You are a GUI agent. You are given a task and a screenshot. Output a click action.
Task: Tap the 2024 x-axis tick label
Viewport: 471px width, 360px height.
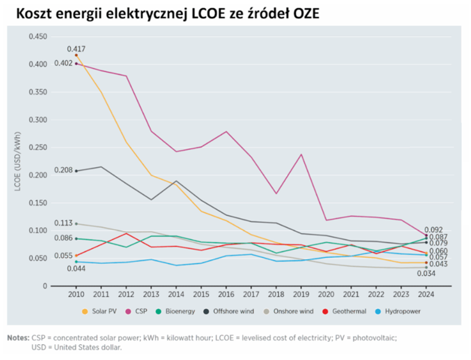(x=426, y=295)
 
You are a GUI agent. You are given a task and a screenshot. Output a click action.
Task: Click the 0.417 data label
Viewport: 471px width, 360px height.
(x=76, y=49)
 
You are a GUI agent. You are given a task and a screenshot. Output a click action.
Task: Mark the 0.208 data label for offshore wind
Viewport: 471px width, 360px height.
(x=63, y=170)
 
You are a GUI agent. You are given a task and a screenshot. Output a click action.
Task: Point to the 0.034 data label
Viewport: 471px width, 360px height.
(x=426, y=274)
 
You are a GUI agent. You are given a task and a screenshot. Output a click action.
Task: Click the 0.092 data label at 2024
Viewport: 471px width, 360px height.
(x=434, y=230)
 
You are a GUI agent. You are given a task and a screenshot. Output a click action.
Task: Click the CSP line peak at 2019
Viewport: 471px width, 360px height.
(x=301, y=154)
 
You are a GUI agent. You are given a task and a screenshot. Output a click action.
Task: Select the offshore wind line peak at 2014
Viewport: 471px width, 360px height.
(x=176, y=181)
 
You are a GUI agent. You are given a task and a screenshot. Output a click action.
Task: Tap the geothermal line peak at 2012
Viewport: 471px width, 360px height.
(x=126, y=233)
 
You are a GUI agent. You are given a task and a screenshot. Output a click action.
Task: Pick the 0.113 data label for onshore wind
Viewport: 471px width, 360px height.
(x=63, y=223)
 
